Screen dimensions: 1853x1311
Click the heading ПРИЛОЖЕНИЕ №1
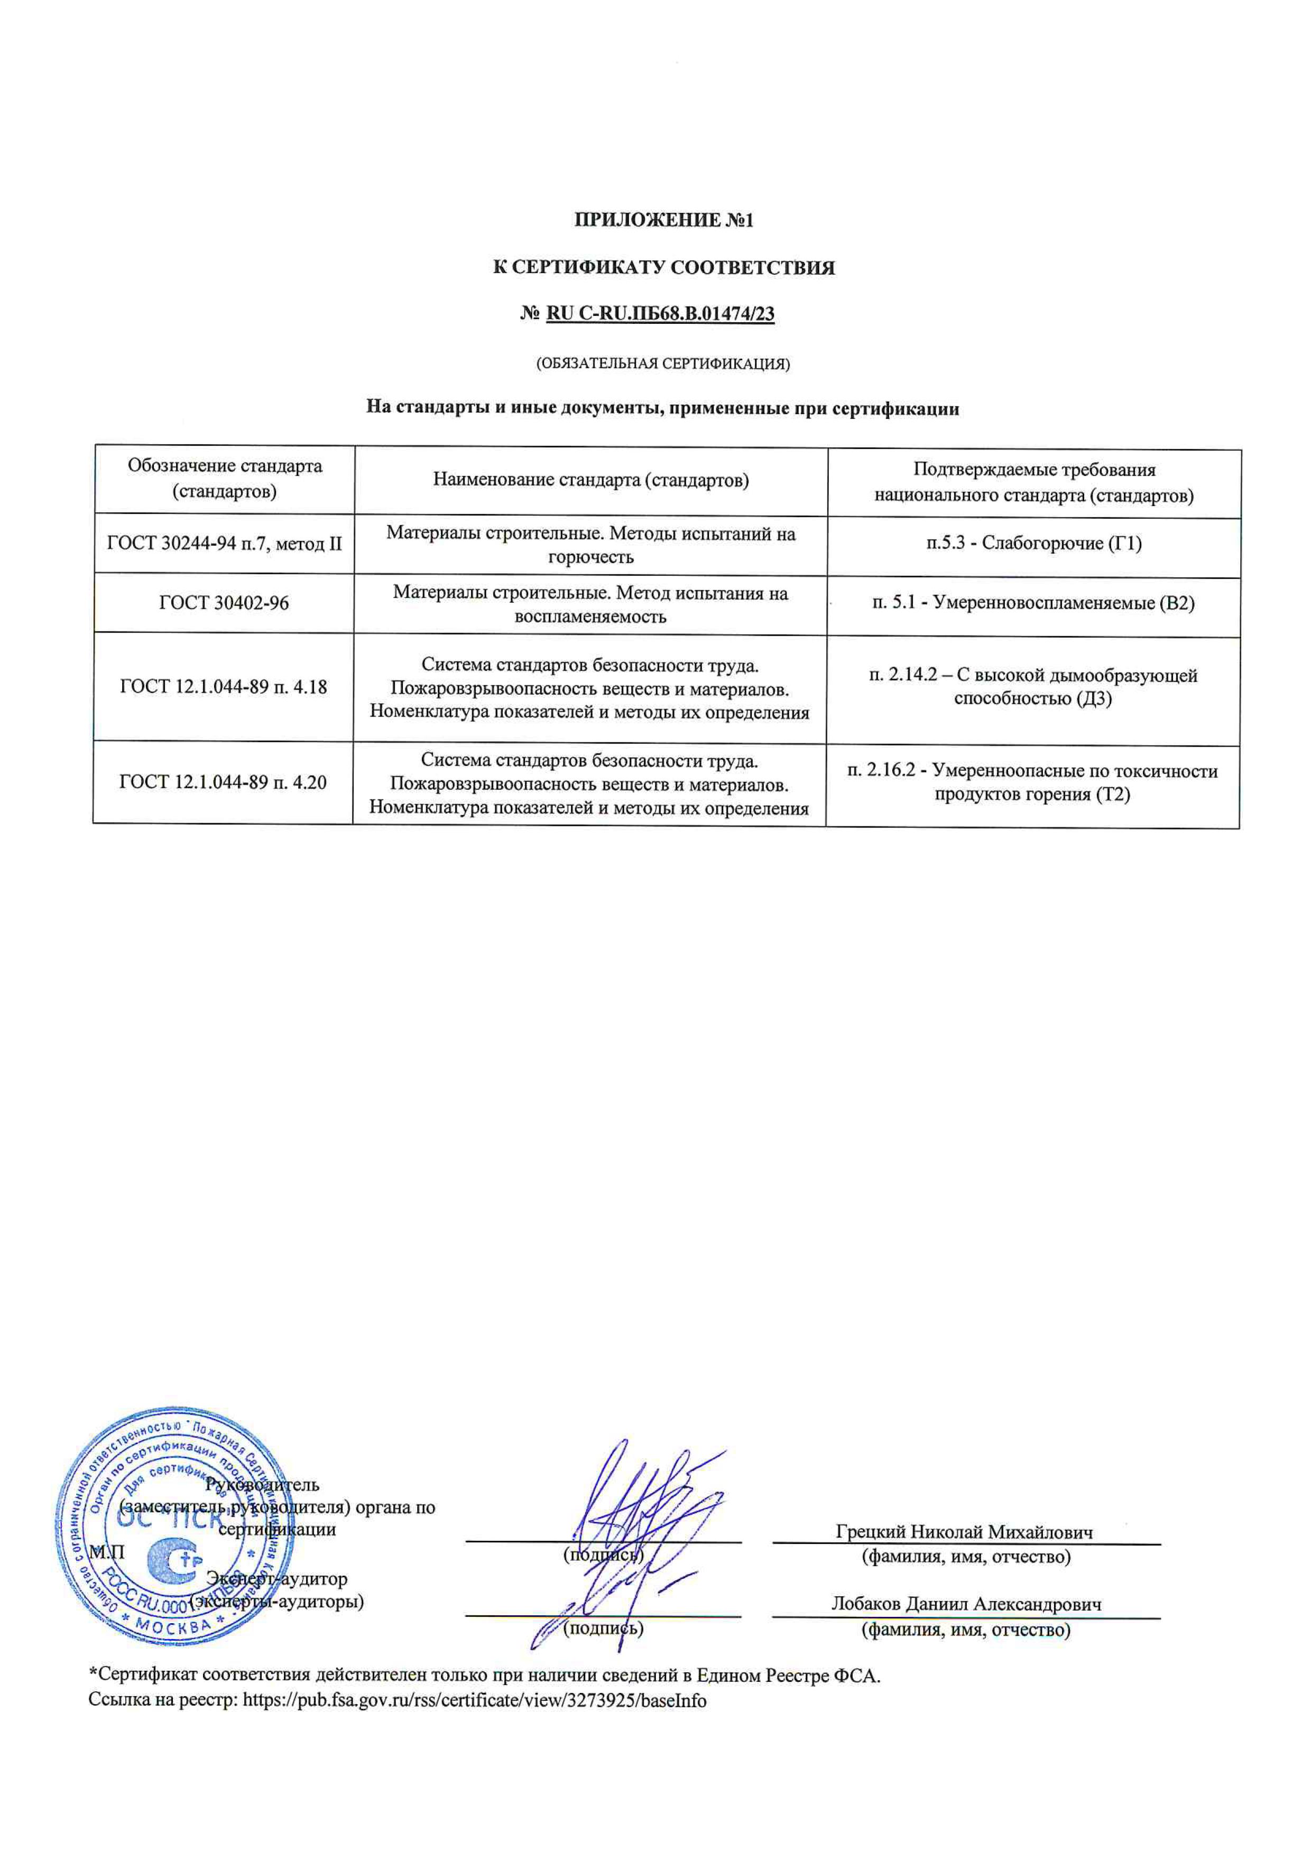point(663,219)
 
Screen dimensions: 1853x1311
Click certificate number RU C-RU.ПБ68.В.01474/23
point(660,313)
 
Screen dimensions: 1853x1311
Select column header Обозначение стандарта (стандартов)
point(225,479)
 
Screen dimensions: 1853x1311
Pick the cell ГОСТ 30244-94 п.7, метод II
point(225,543)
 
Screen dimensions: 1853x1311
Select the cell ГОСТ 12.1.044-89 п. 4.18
point(224,687)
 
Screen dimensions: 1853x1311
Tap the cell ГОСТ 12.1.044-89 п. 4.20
point(223,781)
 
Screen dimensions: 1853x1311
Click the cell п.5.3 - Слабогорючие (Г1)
point(1033,543)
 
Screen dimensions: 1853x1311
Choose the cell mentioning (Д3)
point(1033,687)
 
